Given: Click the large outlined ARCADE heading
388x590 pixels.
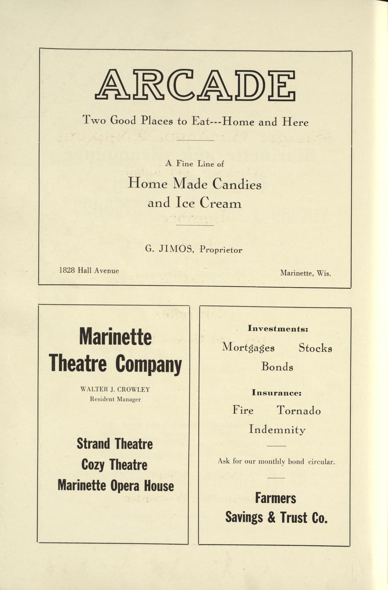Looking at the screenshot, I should [x=195, y=85].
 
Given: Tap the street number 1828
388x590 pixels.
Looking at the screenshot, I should [x=67, y=271].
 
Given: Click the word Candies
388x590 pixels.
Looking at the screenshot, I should [x=237, y=184].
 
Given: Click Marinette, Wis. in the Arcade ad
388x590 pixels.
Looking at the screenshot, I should [x=305, y=273].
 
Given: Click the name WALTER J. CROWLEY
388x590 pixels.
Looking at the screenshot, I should [x=115, y=389].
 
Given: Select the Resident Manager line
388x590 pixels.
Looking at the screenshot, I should [x=115, y=399].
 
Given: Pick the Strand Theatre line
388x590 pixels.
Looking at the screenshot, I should [x=115, y=444].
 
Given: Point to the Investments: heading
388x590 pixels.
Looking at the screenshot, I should [x=278, y=329].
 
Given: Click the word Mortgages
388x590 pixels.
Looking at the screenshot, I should [x=248, y=348].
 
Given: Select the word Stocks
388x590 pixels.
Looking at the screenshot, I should [x=315, y=348].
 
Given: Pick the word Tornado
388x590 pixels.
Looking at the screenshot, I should [x=298, y=410].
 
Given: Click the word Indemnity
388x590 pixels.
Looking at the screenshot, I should [x=277, y=429].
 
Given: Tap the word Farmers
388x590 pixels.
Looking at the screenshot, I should [x=275, y=498].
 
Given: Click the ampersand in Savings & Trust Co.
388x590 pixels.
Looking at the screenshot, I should [x=271, y=518].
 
